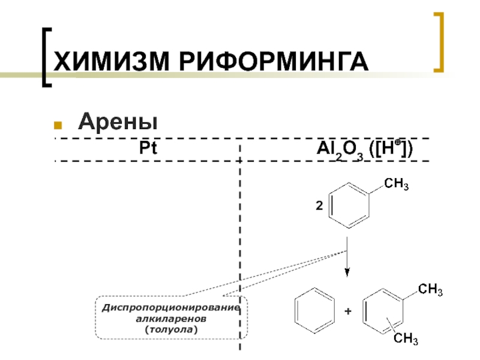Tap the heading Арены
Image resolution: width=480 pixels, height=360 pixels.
click(x=118, y=123)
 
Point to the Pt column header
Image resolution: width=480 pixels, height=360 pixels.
click(x=148, y=148)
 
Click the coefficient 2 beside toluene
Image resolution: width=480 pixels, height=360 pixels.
click(x=319, y=206)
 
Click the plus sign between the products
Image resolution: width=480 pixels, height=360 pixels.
click(x=347, y=312)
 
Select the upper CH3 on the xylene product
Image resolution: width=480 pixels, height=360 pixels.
click(x=430, y=292)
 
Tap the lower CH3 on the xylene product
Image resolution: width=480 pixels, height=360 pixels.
click(x=406, y=340)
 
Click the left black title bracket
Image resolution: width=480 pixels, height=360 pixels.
click(x=47, y=57)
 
